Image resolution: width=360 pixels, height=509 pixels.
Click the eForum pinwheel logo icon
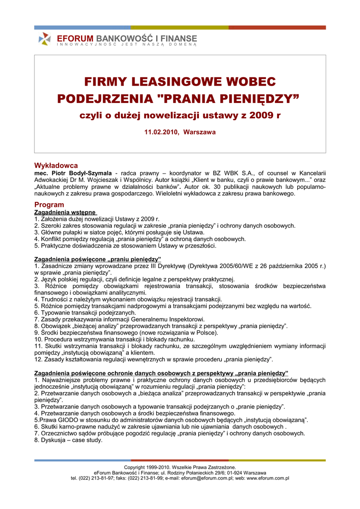[45, 39]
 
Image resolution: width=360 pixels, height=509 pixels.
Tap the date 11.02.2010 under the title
[161, 132]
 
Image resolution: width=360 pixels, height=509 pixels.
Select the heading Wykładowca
[56, 165]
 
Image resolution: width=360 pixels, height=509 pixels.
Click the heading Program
[49, 205]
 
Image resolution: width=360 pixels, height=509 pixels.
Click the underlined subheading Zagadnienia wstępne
[65, 212]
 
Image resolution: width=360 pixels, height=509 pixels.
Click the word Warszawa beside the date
[199, 132]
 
